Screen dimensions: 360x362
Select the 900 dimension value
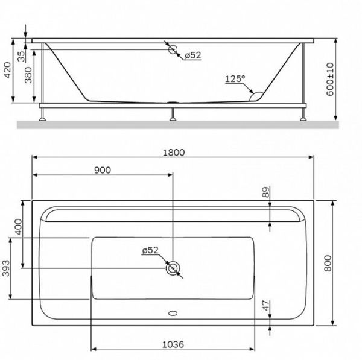103,170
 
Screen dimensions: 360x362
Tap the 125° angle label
235,79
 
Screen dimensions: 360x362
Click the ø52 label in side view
192,55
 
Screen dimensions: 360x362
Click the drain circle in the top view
174,269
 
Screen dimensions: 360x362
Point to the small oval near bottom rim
174,314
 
